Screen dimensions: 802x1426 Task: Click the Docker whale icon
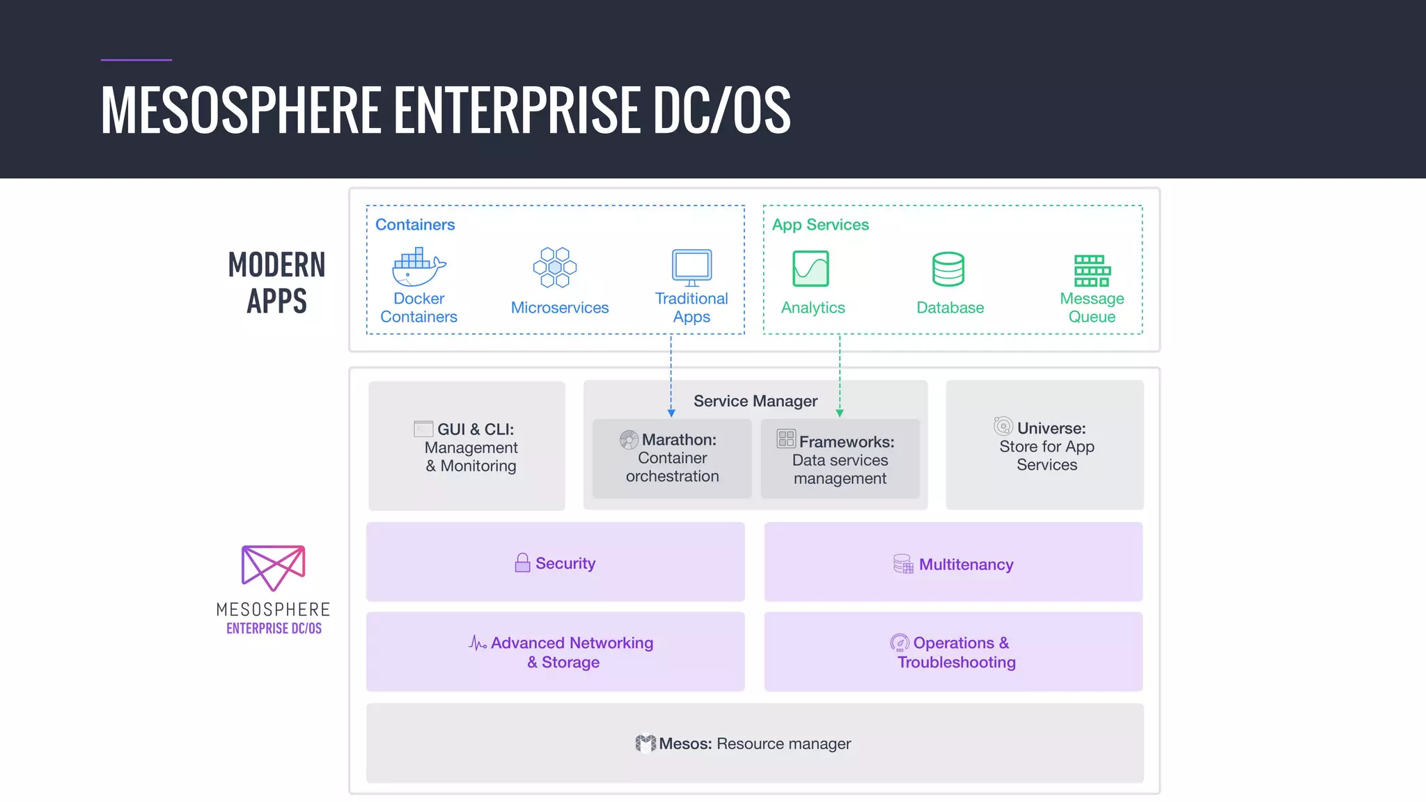[418, 267]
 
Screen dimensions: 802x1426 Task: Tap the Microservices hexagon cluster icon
[555, 267]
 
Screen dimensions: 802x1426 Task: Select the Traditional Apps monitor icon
[691, 267]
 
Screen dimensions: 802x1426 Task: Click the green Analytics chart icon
[810, 269]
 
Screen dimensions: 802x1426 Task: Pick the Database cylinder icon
[948, 269]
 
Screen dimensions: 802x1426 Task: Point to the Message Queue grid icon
[1092, 271]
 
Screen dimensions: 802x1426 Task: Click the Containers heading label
[415, 225]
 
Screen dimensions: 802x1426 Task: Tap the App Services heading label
[820, 225]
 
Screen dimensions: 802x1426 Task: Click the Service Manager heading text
[755, 401]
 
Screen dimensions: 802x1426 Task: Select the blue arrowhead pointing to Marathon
[671, 413]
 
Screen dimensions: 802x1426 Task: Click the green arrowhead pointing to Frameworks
[840, 413]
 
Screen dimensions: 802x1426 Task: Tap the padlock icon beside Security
[522, 563]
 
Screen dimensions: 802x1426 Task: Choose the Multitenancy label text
[966, 565]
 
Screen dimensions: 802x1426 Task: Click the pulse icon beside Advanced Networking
[478, 643]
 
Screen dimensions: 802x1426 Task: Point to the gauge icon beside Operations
[900, 643]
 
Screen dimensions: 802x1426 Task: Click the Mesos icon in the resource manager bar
[645, 744]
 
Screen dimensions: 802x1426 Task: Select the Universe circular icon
[1003, 426]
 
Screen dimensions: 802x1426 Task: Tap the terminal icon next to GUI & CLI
[423, 429]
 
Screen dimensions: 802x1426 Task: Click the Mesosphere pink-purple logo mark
[273, 567]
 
